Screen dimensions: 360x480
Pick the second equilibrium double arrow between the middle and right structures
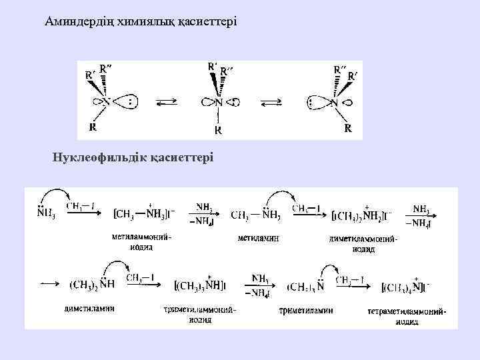(x=272, y=103)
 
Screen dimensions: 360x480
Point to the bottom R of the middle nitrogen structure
(x=218, y=131)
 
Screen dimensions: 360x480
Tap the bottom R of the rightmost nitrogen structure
(x=348, y=127)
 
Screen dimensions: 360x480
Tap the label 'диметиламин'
(x=89, y=309)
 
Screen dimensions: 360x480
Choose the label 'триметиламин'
(x=306, y=310)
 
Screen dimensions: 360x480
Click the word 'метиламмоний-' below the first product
(x=141, y=237)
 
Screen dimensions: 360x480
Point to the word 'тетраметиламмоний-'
(x=407, y=311)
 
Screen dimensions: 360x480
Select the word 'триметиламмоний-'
(x=200, y=310)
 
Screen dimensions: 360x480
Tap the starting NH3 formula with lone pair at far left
(x=46, y=214)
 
